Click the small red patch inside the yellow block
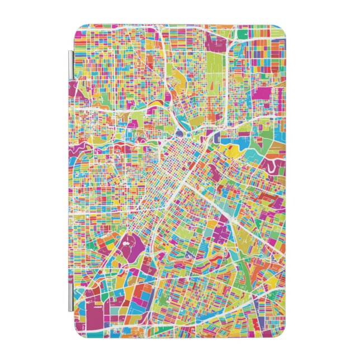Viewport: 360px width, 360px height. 230,150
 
